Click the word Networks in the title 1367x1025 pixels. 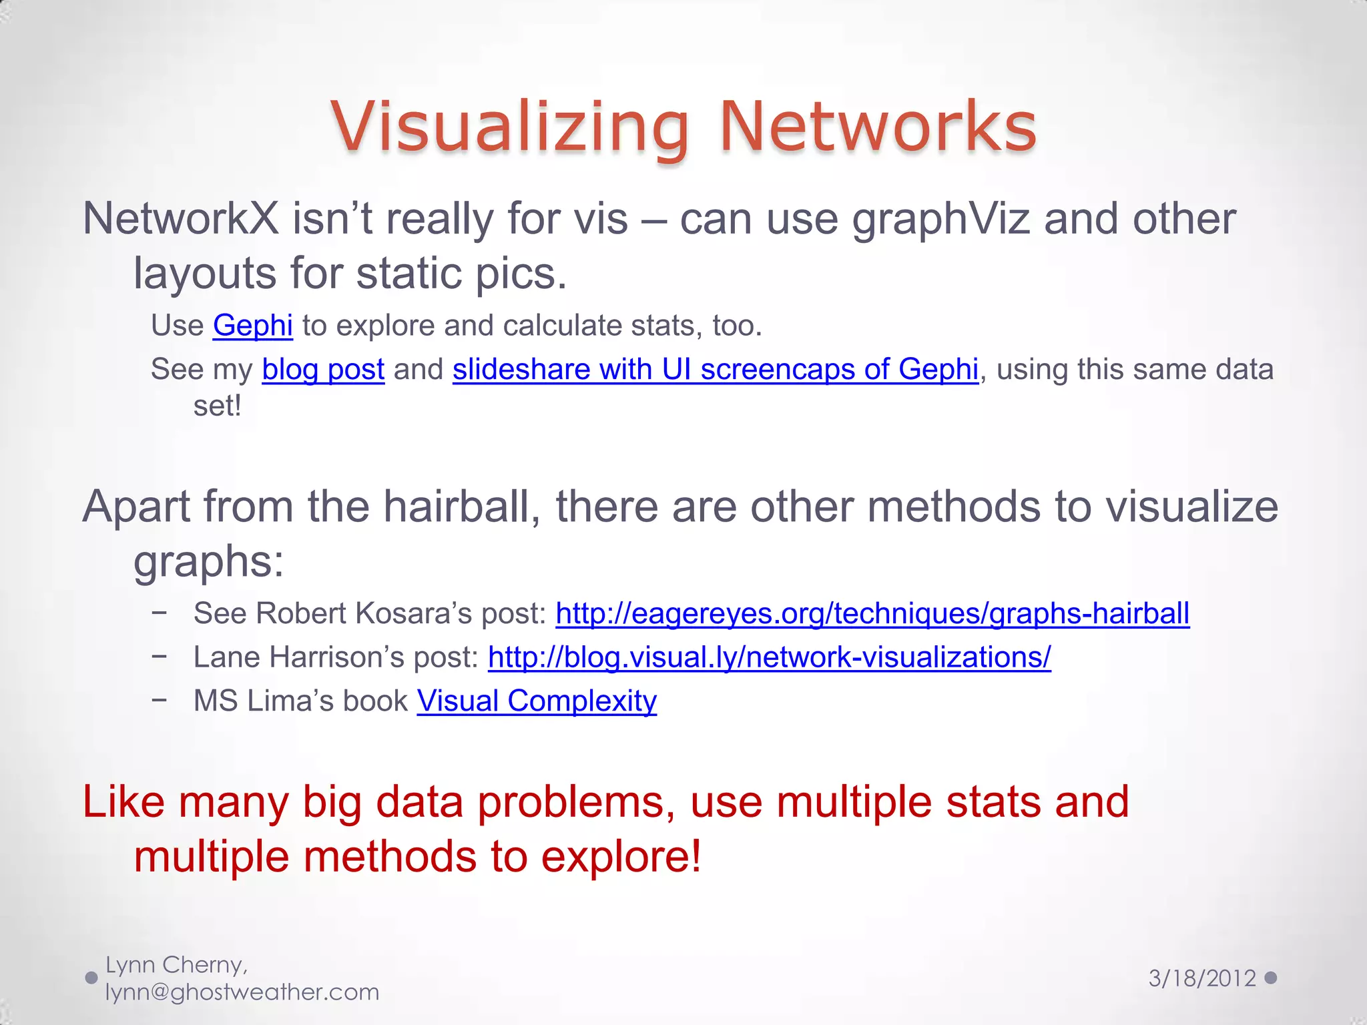tap(878, 127)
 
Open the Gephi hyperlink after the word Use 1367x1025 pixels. tap(252, 326)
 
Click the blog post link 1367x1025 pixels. tap(323, 370)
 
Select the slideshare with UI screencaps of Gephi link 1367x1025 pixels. tap(715, 370)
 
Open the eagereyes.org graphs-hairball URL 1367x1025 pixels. tap(872, 613)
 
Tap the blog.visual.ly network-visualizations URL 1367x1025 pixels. tap(769, 657)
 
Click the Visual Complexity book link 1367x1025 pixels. tap(537, 701)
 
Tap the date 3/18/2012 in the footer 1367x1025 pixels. tap(1202, 978)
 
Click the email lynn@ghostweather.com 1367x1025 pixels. tap(242, 992)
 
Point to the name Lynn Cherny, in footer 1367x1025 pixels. tap(177, 965)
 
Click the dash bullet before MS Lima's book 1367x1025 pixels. tap(159, 700)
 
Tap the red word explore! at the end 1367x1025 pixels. tap(621, 857)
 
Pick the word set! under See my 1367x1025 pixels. tap(217, 406)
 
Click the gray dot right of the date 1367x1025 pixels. tap(1271, 978)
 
